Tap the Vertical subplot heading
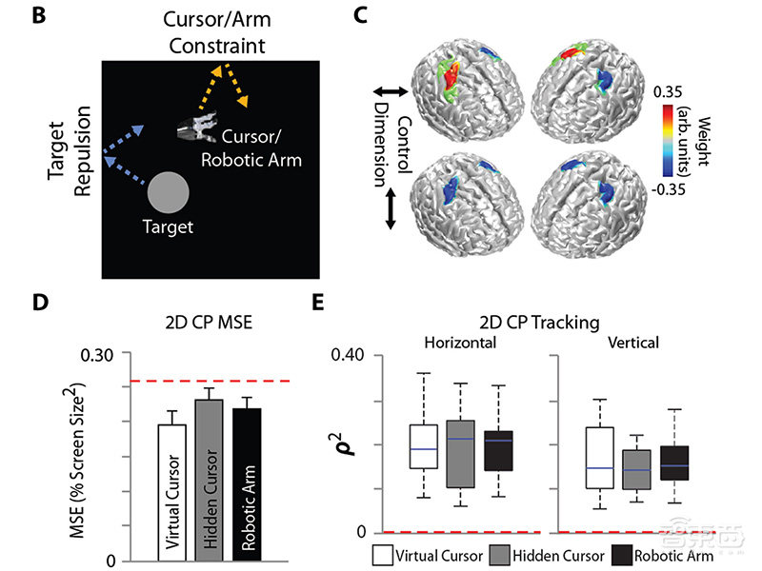[x=633, y=341]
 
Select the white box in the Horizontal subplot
[x=423, y=446]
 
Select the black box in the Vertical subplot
[x=673, y=463]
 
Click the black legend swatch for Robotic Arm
[x=621, y=554]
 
